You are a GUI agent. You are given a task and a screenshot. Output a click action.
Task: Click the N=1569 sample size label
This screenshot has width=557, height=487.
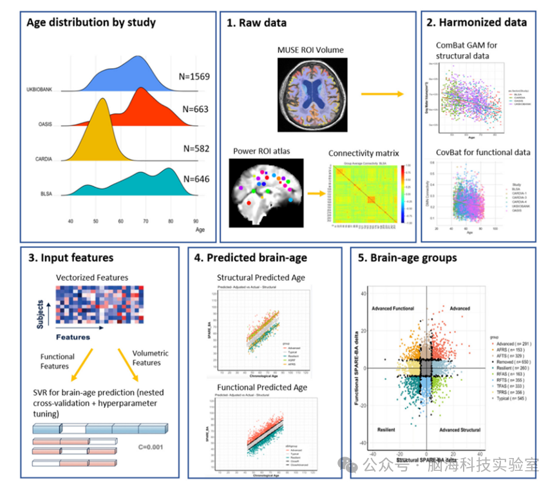tap(193, 77)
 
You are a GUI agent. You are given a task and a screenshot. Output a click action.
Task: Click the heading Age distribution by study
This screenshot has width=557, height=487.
tap(91, 23)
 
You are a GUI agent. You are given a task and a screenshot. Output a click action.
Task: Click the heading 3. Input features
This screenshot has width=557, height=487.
tap(71, 258)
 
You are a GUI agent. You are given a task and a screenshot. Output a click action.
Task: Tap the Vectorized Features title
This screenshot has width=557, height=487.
tap(92, 278)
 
